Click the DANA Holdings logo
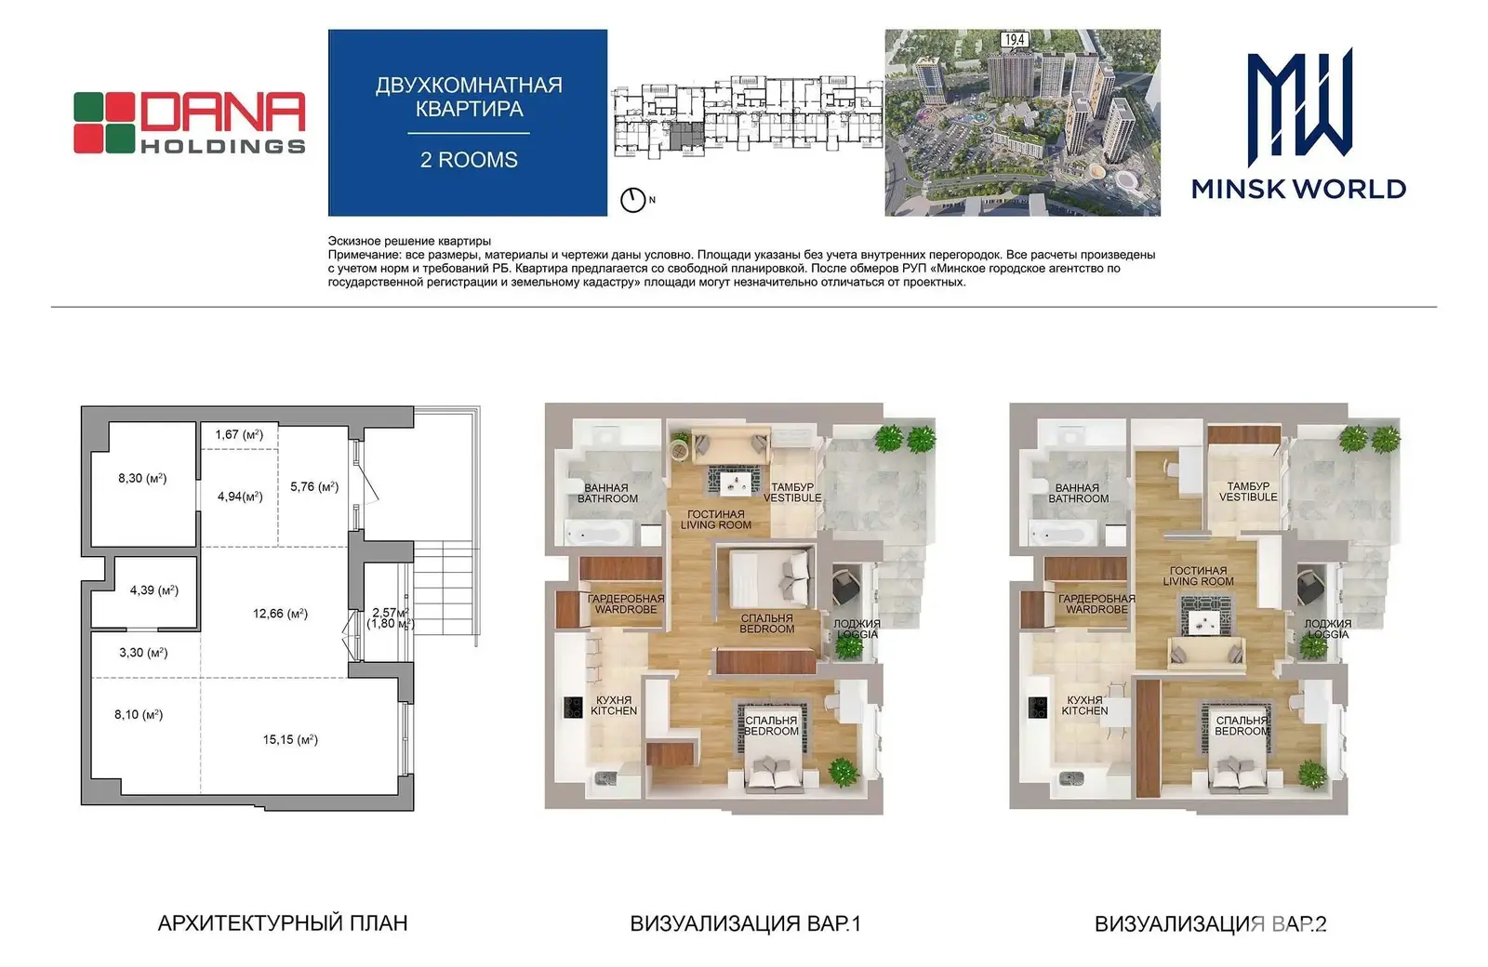[x=190, y=122]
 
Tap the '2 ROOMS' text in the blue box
[x=469, y=160]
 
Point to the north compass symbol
[x=633, y=200]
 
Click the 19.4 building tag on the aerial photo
[x=1015, y=40]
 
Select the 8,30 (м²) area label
[x=142, y=478]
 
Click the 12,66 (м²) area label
[x=280, y=614]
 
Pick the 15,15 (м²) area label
[x=290, y=739]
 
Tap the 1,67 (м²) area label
[x=239, y=434]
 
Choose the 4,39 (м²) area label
[x=154, y=589]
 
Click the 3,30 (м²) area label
[x=143, y=653]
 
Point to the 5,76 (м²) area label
[x=314, y=487]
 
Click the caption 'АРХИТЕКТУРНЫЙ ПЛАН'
[x=283, y=923]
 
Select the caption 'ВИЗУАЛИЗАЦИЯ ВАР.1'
[x=745, y=924]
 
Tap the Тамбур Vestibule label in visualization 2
[x=1248, y=492]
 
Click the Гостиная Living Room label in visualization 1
[x=715, y=520]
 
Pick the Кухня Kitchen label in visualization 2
[x=1084, y=706]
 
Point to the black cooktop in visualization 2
[x=1038, y=708]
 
